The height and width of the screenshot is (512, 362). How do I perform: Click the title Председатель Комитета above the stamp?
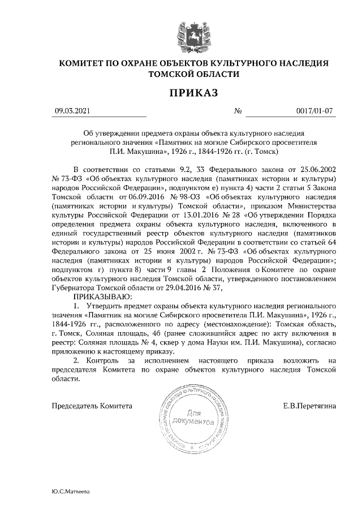point(92,406)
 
